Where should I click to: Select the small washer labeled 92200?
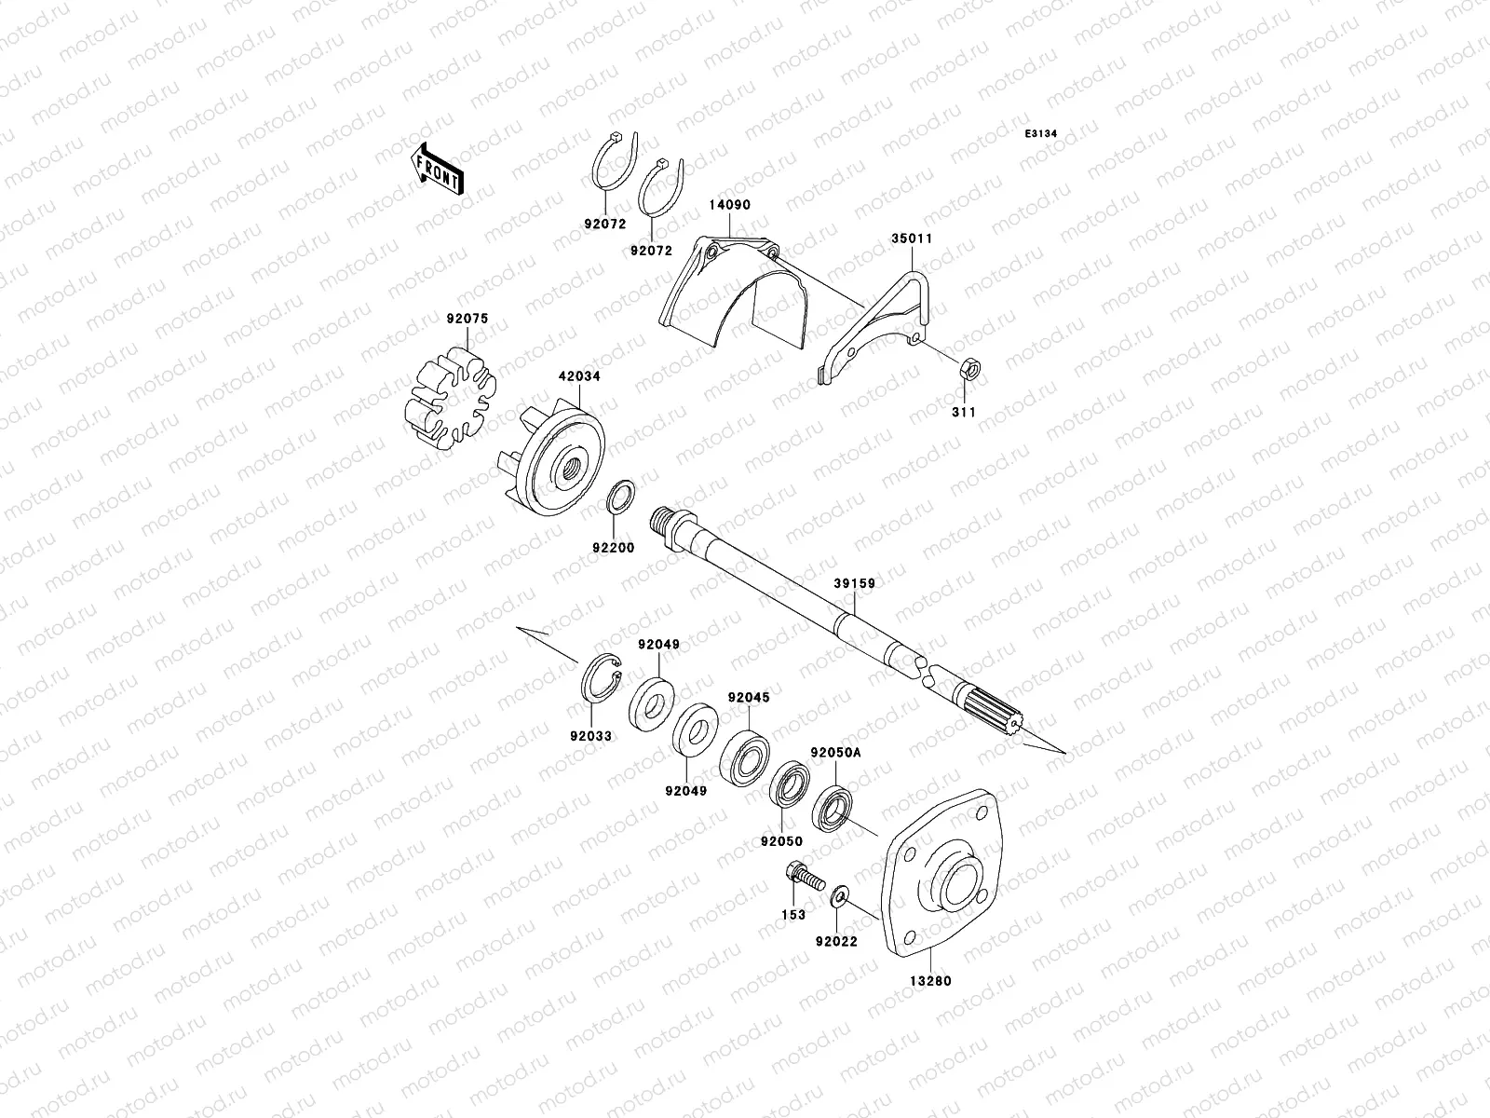(x=621, y=499)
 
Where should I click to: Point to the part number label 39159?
(x=854, y=582)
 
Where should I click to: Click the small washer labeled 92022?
(x=839, y=897)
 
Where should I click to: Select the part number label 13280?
(x=931, y=981)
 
